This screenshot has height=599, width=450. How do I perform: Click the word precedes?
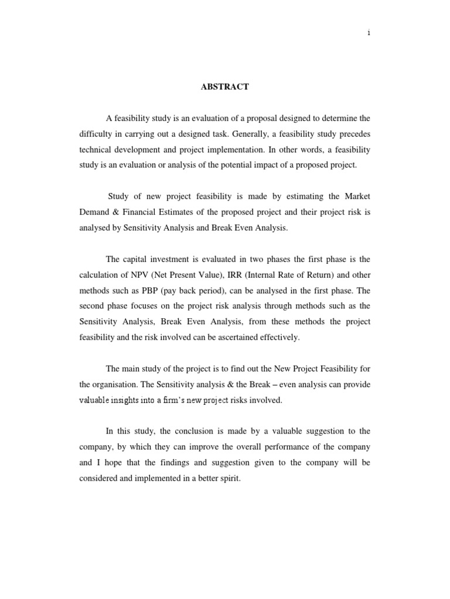point(353,134)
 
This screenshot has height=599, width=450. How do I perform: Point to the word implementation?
point(235,150)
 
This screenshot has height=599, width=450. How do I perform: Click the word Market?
point(355,197)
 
